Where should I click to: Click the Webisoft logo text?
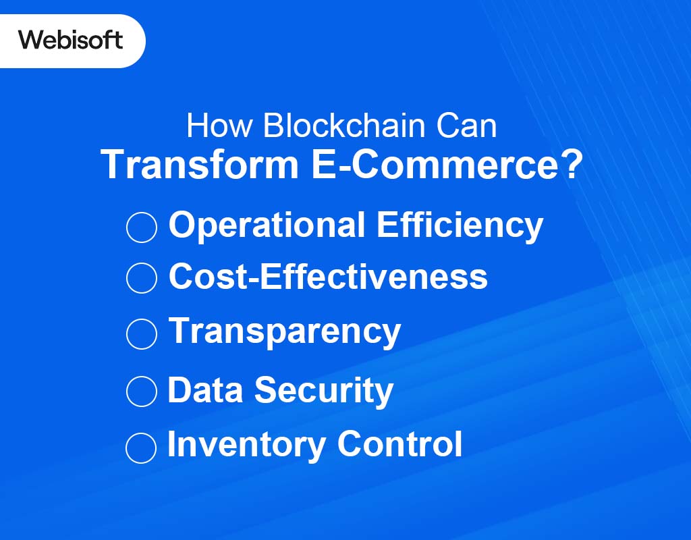click(x=71, y=40)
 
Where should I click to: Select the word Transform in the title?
click(x=199, y=164)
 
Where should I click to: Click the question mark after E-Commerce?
click(x=570, y=164)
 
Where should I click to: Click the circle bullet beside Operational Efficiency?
click(x=142, y=227)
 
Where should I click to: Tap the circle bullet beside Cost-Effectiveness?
click(x=142, y=278)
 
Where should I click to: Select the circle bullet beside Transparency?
click(x=142, y=333)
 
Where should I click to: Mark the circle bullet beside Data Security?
click(x=142, y=391)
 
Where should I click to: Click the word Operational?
click(x=267, y=225)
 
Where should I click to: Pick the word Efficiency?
click(x=460, y=225)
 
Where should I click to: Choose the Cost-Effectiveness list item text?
click(x=328, y=276)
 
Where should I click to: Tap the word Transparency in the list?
click(x=284, y=331)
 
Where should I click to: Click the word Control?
click(x=399, y=444)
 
